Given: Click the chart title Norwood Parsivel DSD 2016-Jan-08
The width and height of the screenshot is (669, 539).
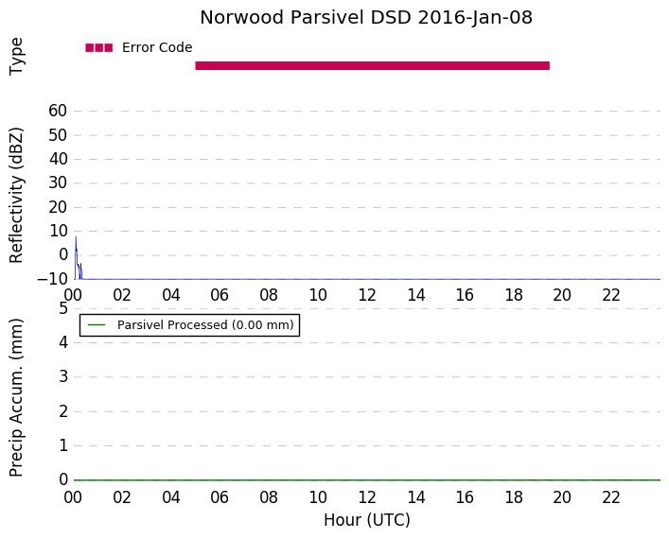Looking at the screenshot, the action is (366, 18).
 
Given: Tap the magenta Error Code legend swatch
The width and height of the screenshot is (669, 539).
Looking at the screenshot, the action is (99, 48).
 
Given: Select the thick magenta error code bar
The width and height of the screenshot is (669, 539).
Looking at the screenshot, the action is (373, 65).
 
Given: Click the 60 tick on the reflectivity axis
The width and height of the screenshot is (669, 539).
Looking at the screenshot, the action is (58, 111).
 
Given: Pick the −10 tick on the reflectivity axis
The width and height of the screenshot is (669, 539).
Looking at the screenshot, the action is (52, 279).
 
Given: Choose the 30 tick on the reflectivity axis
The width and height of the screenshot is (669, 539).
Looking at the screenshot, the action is (58, 183).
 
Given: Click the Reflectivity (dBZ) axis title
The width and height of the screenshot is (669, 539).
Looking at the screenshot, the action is (16, 196).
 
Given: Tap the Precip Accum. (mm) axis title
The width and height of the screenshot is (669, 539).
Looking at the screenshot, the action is (16, 398).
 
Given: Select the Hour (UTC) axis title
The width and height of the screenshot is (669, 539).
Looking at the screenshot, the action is (367, 520).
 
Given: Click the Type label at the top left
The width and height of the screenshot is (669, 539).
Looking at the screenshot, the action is (16, 57).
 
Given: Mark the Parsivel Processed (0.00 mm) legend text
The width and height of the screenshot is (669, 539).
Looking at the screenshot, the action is (205, 325).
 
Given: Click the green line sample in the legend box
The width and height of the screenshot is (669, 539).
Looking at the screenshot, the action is (97, 325).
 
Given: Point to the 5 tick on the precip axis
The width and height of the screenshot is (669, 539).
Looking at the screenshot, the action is (63, 308).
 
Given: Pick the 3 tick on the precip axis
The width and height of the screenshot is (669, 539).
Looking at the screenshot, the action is (63, 376).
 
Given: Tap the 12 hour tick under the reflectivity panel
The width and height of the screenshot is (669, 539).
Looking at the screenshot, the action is (367, 295).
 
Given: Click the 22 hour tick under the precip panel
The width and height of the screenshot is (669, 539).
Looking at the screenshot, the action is (611, 497).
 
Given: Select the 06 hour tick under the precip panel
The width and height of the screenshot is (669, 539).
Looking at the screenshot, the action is (220, 497).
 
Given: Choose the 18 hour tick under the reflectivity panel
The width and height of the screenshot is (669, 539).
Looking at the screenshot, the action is (514, 295).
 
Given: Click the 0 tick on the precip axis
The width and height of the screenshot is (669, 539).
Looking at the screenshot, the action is (63, 479).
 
